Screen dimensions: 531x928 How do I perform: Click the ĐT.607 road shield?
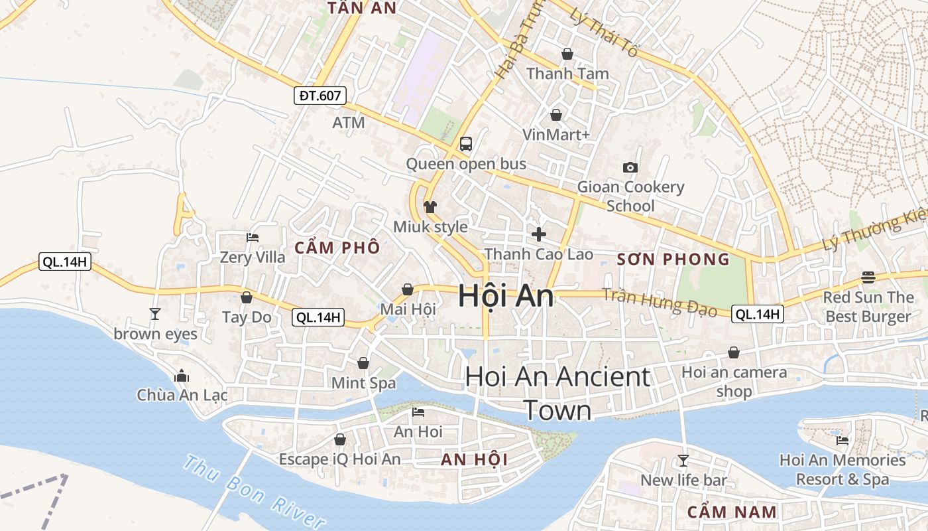click(319, 96)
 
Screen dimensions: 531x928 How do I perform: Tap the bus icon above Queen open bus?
click(466, 143)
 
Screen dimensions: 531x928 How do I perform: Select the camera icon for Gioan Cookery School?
click(630, 167)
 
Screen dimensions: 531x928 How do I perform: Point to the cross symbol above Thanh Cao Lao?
click(539, 234)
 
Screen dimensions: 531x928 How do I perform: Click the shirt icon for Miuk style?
click(430, 206)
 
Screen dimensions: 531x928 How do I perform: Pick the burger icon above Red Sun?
click(868, 277)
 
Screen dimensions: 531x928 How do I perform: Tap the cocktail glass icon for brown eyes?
click(155, 313)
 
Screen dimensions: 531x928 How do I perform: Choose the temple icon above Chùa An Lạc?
click(182, 376)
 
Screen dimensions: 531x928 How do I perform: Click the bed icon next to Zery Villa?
click(253, 237)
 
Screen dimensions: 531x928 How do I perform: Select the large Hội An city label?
click(506, 296)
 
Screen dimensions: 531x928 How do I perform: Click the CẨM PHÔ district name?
click(337, 248)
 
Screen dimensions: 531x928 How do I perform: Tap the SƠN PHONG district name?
click(673, 260)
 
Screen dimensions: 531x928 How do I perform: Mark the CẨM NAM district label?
click(732, 512)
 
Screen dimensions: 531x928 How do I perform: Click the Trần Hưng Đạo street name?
click(659, 303)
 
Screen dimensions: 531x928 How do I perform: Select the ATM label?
click(349, 123)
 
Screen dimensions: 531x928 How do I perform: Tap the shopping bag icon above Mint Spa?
click(363, 363)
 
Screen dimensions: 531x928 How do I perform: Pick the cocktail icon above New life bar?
click(683, 460)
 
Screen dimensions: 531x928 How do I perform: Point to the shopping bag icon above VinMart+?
click(556, 115)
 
